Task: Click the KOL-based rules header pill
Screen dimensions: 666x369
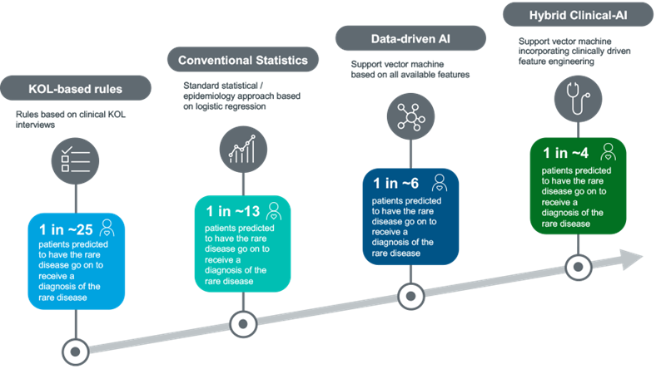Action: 76,88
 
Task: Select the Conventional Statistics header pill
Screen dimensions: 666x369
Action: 243,60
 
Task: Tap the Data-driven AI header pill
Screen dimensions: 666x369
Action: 410,38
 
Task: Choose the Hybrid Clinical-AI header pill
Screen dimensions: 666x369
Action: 578,14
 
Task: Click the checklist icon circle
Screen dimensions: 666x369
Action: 75,161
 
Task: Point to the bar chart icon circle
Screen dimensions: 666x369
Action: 243,150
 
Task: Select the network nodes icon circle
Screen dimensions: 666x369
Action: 410,116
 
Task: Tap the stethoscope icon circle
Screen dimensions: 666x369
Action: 578,99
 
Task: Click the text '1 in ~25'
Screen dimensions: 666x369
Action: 66,229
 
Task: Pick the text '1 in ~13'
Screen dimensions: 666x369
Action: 233,211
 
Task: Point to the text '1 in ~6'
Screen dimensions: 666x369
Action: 396,183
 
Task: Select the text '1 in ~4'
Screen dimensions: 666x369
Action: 565,153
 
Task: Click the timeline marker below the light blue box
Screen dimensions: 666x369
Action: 75,352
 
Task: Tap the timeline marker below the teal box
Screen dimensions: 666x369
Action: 243,324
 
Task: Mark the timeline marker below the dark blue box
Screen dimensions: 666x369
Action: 410,297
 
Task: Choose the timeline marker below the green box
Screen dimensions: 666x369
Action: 578,267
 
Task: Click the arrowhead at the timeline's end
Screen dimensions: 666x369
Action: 632,259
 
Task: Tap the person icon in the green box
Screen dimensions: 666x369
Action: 609,152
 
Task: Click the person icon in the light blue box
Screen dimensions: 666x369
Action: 107,228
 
